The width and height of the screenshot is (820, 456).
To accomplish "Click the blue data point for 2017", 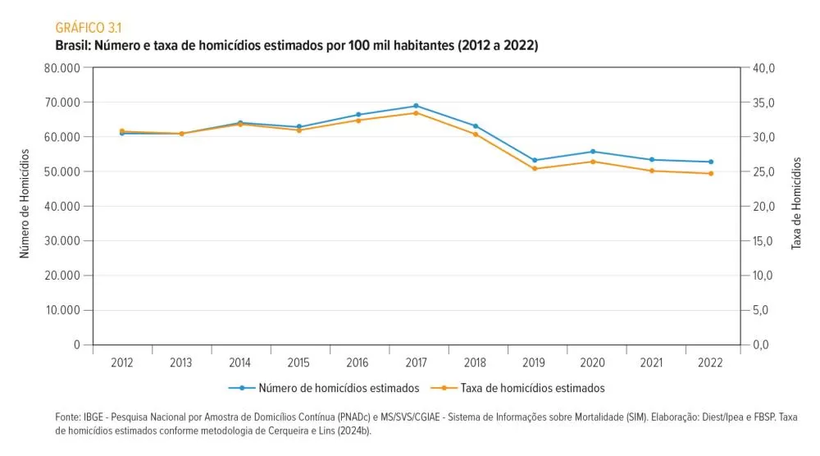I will (x=416, y=106).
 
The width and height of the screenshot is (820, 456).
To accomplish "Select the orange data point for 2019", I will (x=535, y=169).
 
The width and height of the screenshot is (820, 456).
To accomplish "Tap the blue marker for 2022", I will (x=711, y=162).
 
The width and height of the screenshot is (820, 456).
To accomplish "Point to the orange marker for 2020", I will (x=593, y=162).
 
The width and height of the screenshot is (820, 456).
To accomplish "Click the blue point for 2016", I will (x=358, y=115).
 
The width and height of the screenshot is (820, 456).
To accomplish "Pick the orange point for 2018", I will (x=476, y=134).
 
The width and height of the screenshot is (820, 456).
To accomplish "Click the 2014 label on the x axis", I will (x=240, y=362).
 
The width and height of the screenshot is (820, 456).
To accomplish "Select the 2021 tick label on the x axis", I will (x=652, y=362).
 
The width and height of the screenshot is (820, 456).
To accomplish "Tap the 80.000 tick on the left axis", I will (x=64, y=68).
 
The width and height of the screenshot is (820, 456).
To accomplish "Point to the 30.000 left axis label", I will (x=64, y=241).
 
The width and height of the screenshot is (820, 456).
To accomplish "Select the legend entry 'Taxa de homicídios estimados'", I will (x=532, y=388).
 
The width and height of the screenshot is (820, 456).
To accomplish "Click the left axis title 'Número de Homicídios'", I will (x=25, y=204).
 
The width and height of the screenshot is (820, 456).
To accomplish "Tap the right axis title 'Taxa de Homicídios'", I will (x=795, y=204).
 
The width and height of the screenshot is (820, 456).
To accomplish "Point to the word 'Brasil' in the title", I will (x=72, y=46).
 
